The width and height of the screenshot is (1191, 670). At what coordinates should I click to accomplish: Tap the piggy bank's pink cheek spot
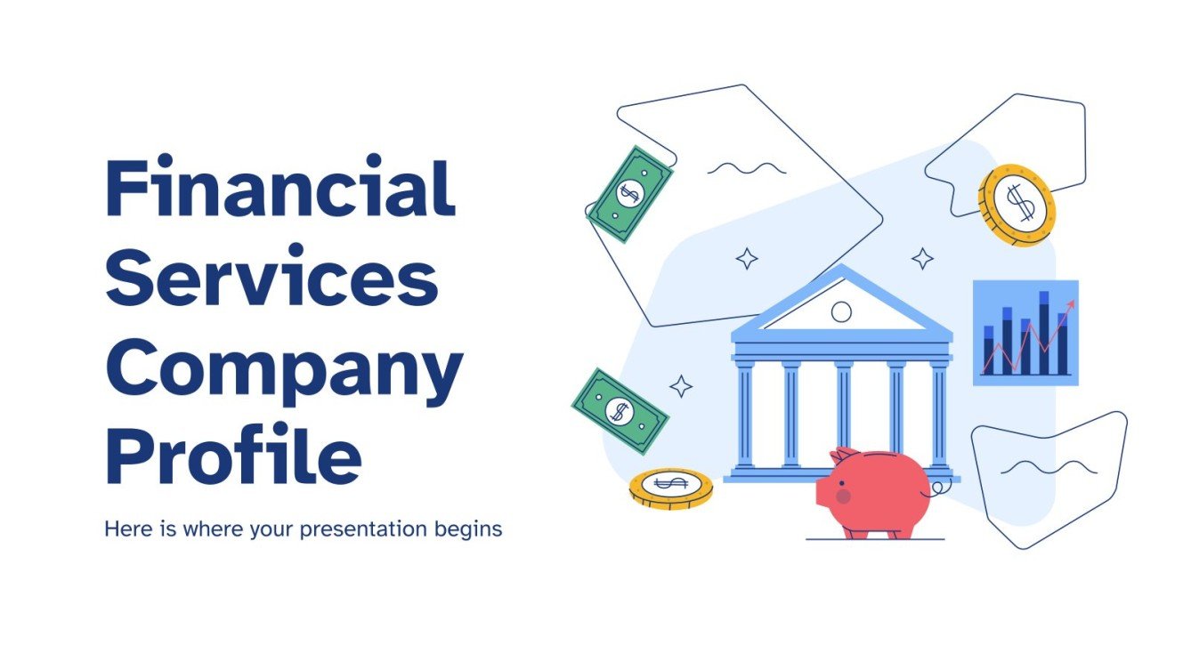coord(843,496)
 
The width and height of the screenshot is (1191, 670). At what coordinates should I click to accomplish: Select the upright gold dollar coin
coord(1017,205)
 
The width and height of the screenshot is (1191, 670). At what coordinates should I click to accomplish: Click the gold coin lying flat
coord(671,487)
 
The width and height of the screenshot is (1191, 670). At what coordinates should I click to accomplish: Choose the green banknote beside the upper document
coord(631,193)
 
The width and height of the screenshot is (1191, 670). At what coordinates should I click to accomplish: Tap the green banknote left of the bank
coord(619,410)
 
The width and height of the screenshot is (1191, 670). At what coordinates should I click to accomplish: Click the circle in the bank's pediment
coord(840,311)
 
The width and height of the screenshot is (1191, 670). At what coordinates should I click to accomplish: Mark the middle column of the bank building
coord(842,415)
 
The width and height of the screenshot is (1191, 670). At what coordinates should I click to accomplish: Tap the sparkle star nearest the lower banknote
coord(681,386)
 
